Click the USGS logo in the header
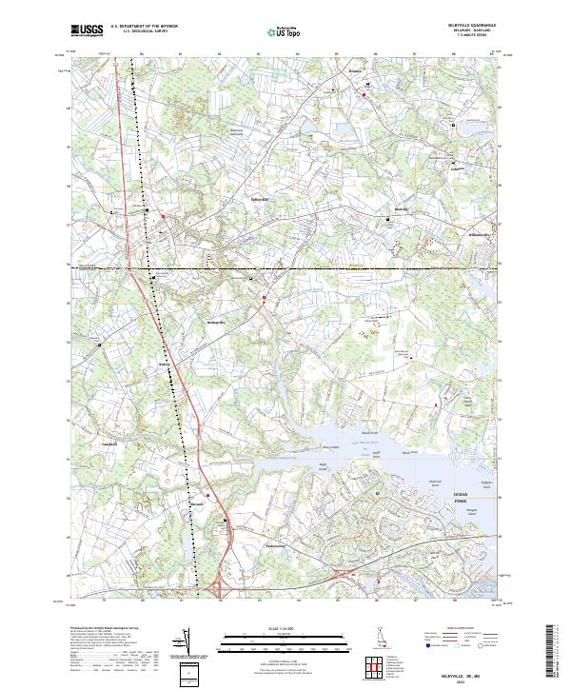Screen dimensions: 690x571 pyautogui.click(x=86, y=31)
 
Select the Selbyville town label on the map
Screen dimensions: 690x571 pyautogui.click(x=260, y=199)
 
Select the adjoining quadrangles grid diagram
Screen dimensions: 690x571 pyautogui.click(x=377, y=662)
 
